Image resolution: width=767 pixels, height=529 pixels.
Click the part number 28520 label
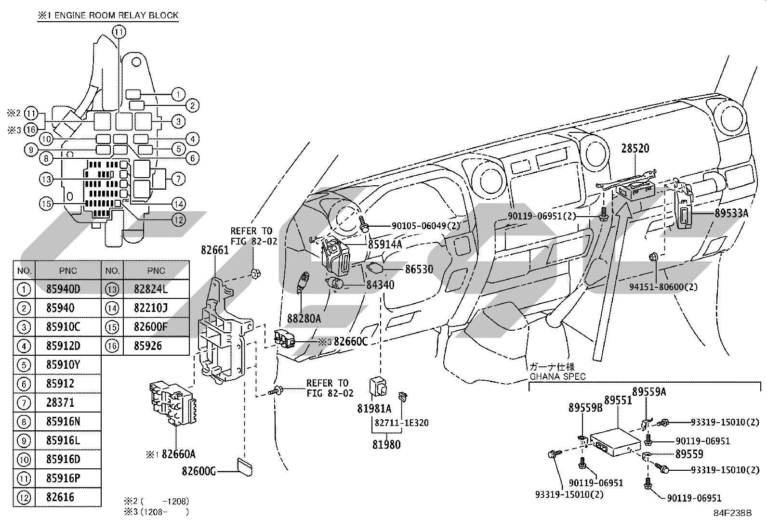tap(635, 148)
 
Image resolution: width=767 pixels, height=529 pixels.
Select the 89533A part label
tap(731, 213)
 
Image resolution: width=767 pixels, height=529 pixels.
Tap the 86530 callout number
tap(419, 269)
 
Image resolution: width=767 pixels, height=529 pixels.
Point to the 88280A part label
tap(304, 319)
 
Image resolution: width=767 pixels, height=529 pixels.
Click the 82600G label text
tap(198, 471)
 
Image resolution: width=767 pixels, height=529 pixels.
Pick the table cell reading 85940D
tap(63, 289)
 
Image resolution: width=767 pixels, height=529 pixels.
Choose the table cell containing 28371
tap(60, 402)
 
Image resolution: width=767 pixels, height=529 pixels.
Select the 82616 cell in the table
tap(60, 497)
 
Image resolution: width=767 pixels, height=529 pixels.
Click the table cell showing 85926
tap(147, 346)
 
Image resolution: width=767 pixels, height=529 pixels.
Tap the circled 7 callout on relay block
tap(178, 179)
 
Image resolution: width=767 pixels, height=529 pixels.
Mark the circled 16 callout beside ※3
tap(31, 129)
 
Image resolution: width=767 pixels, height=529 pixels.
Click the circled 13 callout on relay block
tap(46, 179)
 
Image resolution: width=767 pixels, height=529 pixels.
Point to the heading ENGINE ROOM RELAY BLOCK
tap(117, 15)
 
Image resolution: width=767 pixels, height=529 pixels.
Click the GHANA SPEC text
tap(557, 377)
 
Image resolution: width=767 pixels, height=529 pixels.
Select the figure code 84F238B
tap(732, 513)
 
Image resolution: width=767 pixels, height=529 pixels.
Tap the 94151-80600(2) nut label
tap(663, 287)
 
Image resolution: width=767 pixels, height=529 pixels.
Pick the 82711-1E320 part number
tap(401, 423)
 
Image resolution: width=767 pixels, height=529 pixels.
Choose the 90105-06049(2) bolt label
tap(426, 225)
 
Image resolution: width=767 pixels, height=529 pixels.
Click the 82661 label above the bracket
tap(215, 250)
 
